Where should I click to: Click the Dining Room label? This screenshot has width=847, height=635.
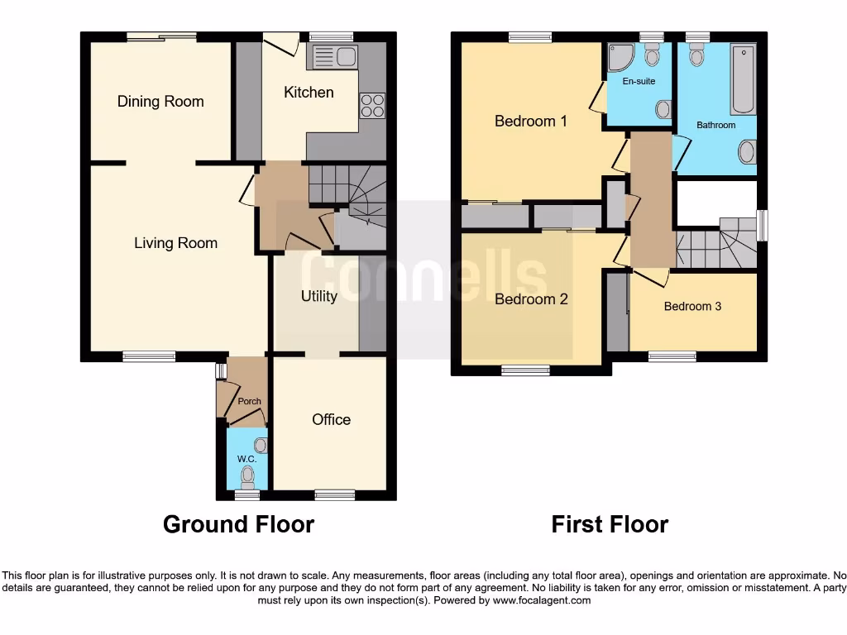click(x=160, y=102)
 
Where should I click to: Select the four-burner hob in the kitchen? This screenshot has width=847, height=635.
click(x=372, y=106)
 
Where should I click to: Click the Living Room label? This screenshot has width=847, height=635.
click(x=175, y=243)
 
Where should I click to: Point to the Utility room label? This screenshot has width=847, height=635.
click(x=318, y=296)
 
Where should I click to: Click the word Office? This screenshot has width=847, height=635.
click(x=331, y=420)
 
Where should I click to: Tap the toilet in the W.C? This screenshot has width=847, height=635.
click(x=246, y=475)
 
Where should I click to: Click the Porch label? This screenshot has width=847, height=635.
click(x=249, y=401)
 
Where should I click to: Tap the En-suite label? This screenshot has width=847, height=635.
click(x=639, y=81)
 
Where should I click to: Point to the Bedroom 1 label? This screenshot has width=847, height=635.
click(x=530, y=122)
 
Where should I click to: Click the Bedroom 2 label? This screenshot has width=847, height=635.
click(x=531, y=299)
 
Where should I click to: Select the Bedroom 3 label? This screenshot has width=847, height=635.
click(x=692, y=306)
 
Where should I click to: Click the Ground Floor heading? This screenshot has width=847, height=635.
click(x=238, y=524)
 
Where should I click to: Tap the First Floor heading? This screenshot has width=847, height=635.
click(x=610, y=524)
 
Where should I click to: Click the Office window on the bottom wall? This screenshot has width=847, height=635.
click(x=335, y=494)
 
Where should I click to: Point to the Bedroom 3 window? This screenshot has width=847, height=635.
click(x=672, y=356)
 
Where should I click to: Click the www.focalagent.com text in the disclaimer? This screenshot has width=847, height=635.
click(x=542, y=600)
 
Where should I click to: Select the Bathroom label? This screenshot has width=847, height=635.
click(x=715, y=125)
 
